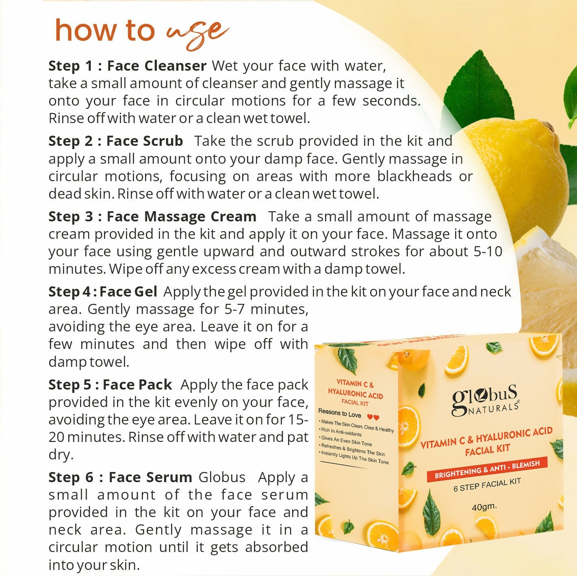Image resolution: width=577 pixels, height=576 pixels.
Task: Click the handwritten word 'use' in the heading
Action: (x=198, y=32)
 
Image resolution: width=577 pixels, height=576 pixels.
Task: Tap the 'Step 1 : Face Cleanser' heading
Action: (x=127, y=66)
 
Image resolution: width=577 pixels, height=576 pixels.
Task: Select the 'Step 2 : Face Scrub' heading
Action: (x=116, y=141)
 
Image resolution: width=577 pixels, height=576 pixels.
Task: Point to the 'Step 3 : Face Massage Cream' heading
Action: (x=152, y=217)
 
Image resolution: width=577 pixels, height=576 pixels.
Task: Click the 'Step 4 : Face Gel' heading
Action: (x=102, y=292)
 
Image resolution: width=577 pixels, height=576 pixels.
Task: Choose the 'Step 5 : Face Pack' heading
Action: (x=110, y=385)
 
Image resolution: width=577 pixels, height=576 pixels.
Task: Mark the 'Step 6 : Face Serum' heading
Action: (x=120, y=477)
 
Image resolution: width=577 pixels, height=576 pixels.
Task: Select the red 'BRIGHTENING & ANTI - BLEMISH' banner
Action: (x=487, y=470)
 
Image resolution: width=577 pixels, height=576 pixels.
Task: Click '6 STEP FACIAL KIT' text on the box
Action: (x=487, y=485)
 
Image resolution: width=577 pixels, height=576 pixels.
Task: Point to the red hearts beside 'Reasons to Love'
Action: (x=373, y=417)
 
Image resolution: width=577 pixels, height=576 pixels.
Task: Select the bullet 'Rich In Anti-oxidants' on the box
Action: (x=341, y=431)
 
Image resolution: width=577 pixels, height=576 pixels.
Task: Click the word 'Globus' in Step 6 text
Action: (x=222, y=477)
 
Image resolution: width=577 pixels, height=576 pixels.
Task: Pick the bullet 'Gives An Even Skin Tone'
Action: (x=346, y=441)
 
